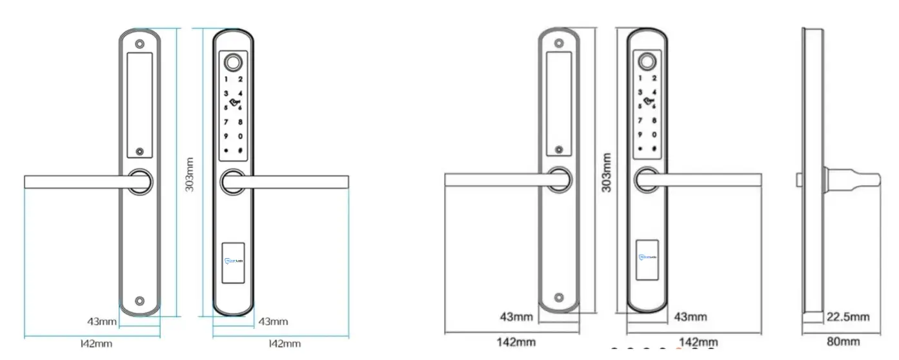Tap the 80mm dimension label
(x=843, y=342)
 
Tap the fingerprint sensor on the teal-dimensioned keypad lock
(x=233, y=63)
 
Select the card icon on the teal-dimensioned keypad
(x=234, y=103)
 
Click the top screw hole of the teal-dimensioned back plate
(x=139, y=45)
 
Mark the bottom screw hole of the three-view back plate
(x=559, y=297)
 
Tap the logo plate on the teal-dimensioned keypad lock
(x=233, y=261)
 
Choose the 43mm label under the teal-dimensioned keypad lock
(x=273, y=321)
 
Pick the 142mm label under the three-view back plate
(x=516, y=342)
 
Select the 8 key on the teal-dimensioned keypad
(x=240, y=122)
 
